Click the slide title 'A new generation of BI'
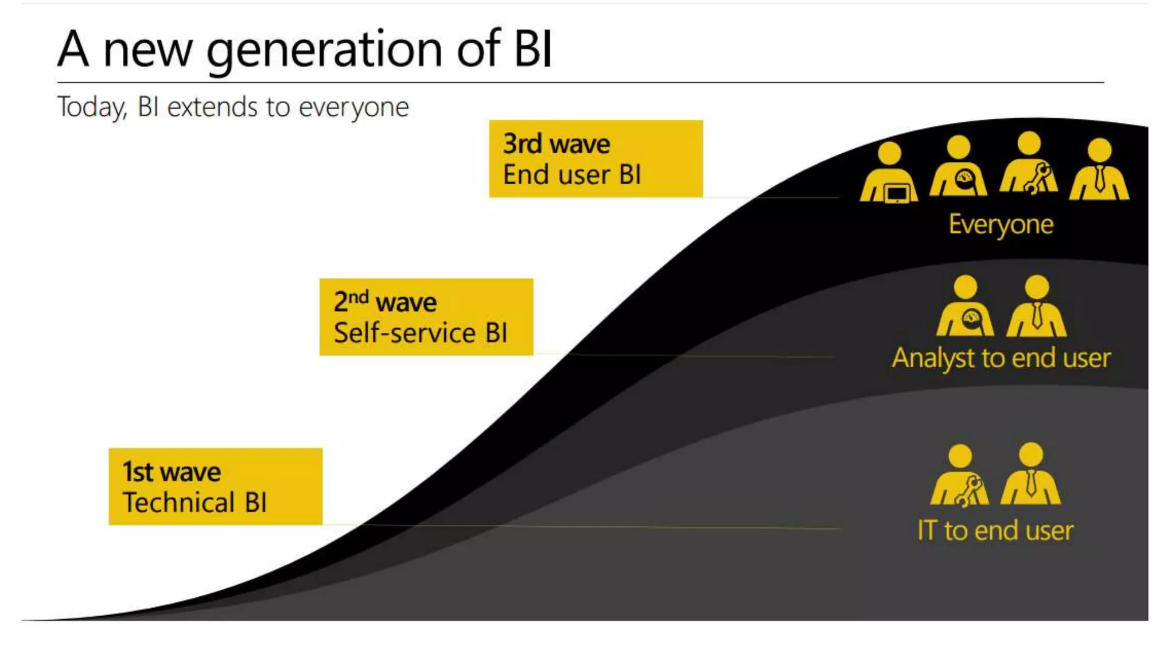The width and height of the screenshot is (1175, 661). [x=304, y=49]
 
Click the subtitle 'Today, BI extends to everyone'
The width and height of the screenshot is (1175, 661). [x=233, y=107]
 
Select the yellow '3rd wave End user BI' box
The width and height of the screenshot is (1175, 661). [x=596, y=159]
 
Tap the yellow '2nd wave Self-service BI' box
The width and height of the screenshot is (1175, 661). [x=426, y=317]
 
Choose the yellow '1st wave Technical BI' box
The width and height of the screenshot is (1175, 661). [x=215, y=487]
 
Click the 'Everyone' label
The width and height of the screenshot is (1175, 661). [x=1001, y=224]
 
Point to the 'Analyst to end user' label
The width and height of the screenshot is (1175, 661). [x=1001, y=358]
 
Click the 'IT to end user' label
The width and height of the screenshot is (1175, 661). [x=995, y=530]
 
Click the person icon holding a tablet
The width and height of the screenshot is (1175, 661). [x=889, y=172]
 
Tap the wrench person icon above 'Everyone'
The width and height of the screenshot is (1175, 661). [x=1029, y=164]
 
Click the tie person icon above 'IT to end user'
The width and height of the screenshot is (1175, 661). [x=1031, y=474]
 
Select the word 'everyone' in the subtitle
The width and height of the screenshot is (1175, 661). [x=353, y=107]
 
